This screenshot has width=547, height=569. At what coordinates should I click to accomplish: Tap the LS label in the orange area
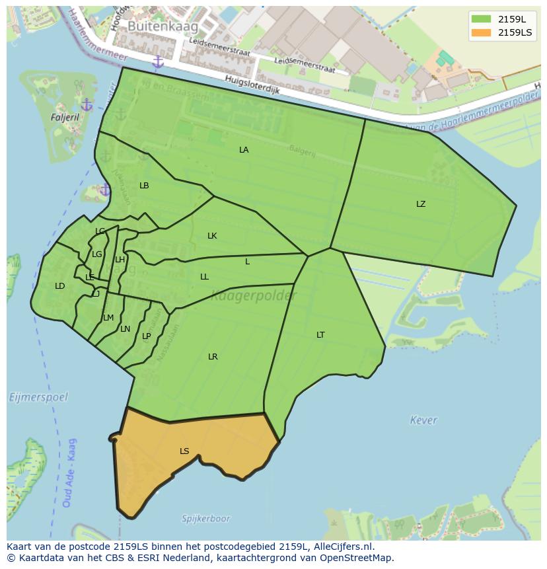click(184, 451)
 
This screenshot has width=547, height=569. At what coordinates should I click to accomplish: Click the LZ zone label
click(421, 204)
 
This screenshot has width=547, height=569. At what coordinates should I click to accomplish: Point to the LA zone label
click(244, 150)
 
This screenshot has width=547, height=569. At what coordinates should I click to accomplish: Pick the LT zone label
click(320, 335)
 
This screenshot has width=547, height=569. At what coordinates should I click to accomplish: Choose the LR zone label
click(213, 357)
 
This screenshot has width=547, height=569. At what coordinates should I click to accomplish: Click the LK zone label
click(212, 236)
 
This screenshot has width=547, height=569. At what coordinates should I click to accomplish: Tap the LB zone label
click(144, 186)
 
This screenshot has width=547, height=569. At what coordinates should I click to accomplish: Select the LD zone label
click(60, 286)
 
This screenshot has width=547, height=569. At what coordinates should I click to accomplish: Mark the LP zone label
click(147, 336)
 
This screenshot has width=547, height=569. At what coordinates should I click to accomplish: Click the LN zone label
click(126, 329)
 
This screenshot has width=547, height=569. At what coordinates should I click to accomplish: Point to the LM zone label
click(108, 318)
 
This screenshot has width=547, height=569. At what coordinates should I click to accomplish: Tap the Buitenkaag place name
click(154, 26)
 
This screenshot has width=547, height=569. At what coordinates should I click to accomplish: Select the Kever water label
click(423, 420)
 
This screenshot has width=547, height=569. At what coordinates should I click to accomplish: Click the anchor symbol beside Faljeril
click(87, 105)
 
